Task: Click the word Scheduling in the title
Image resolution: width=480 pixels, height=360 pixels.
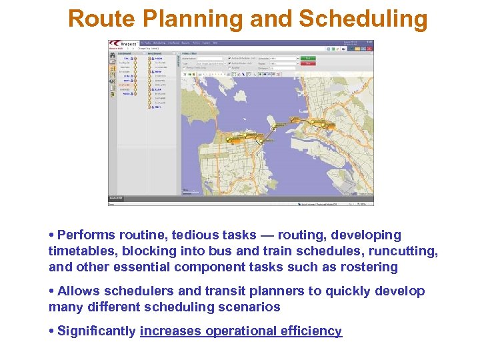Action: pyautogui.click(x=363, y=19)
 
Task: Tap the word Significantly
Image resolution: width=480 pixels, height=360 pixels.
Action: pyautogui.click(x=97, y=331)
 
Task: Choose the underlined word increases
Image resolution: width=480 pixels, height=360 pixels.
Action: pyautogui.click(x=171, y=331)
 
